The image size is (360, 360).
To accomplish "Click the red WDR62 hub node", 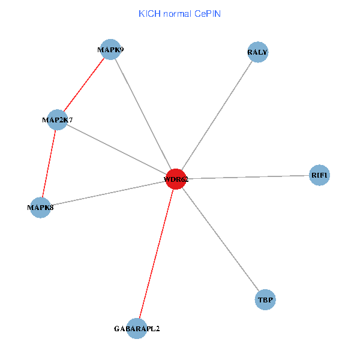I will click(x=175, y=179).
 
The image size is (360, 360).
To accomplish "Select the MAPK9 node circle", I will click(x=110, y=50).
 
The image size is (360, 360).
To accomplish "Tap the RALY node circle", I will click(x=257, y=52).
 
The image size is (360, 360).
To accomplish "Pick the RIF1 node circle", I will click(x=319, y=175).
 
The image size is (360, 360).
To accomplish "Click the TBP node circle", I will click(x=265, y=299).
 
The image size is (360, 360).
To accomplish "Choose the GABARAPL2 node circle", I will click(x=137, y=329).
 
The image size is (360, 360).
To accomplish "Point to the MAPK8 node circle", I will click(x=40, y=208).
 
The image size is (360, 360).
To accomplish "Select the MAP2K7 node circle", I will click(x=57, y=120).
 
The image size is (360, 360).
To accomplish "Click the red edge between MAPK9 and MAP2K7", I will click(x=84, y=85).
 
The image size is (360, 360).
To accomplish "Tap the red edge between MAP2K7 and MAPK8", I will click(x=49, y=164).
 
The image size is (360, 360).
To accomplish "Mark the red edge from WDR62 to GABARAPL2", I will click(x=156, y=254).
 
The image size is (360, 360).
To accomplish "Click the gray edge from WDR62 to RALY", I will click(x=216, y=116).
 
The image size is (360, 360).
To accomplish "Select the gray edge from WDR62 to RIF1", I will click(x=247, y=177).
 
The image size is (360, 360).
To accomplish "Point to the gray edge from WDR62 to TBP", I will click(x=220, y=239).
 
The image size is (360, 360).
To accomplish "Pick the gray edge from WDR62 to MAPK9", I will click(x=143, y=114).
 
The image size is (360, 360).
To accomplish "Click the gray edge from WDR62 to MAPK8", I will click(x=108, y=193).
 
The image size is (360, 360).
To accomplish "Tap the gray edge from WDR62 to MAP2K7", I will click(x=116, y=149).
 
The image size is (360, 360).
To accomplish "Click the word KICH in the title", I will click(x=149, y=13).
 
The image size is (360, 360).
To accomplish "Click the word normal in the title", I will click(x=178, y=13).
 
